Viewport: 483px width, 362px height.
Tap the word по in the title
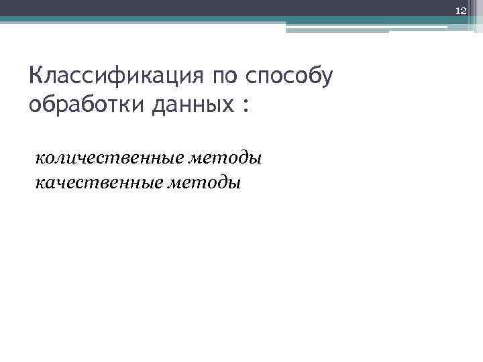(226, 76)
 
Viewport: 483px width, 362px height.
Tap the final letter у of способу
(326, 78)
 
